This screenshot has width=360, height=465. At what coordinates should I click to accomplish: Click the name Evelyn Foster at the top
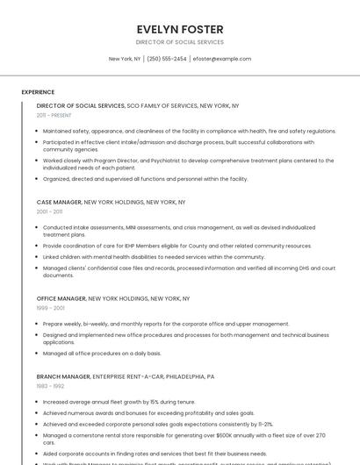point(179,29)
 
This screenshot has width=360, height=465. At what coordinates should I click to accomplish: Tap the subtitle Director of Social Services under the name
point(179,42)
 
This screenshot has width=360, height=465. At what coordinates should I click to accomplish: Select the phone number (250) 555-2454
point(166,59)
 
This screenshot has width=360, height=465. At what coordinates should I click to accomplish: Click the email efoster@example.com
point(222,59)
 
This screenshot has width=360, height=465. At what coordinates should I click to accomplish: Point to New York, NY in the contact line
point(125,59)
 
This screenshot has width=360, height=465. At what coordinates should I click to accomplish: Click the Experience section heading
point(38,92)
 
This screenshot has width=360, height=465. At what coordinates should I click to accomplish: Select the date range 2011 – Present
point(54,115)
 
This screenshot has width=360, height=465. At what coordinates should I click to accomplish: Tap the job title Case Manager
point(59,202)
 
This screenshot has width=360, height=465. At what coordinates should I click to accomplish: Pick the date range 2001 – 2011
point(49,211)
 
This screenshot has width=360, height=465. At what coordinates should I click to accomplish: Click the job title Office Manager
point(61,298)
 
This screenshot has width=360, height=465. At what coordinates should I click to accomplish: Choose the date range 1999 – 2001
point(50,308)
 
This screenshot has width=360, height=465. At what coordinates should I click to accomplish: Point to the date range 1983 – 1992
point(49,386)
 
